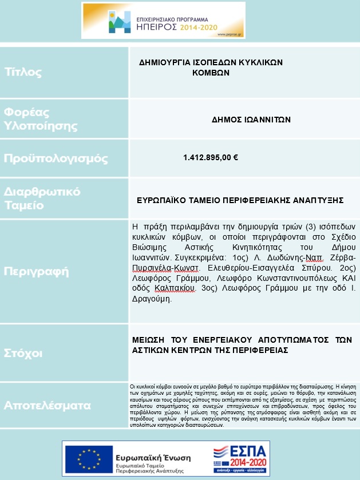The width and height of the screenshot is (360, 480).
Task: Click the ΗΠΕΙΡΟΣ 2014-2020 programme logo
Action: (x=163, y=20)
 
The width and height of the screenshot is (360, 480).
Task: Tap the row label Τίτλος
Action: (x=23, y=72)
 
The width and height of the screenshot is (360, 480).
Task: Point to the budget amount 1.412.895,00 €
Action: (x=211, y=157)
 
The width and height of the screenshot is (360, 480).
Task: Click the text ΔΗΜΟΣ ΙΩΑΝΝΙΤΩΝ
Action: (x=251, y=120)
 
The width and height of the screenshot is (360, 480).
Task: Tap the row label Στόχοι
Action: (x=23, y=354)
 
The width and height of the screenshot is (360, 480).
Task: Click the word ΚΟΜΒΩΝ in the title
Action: (x=211, y=73)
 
